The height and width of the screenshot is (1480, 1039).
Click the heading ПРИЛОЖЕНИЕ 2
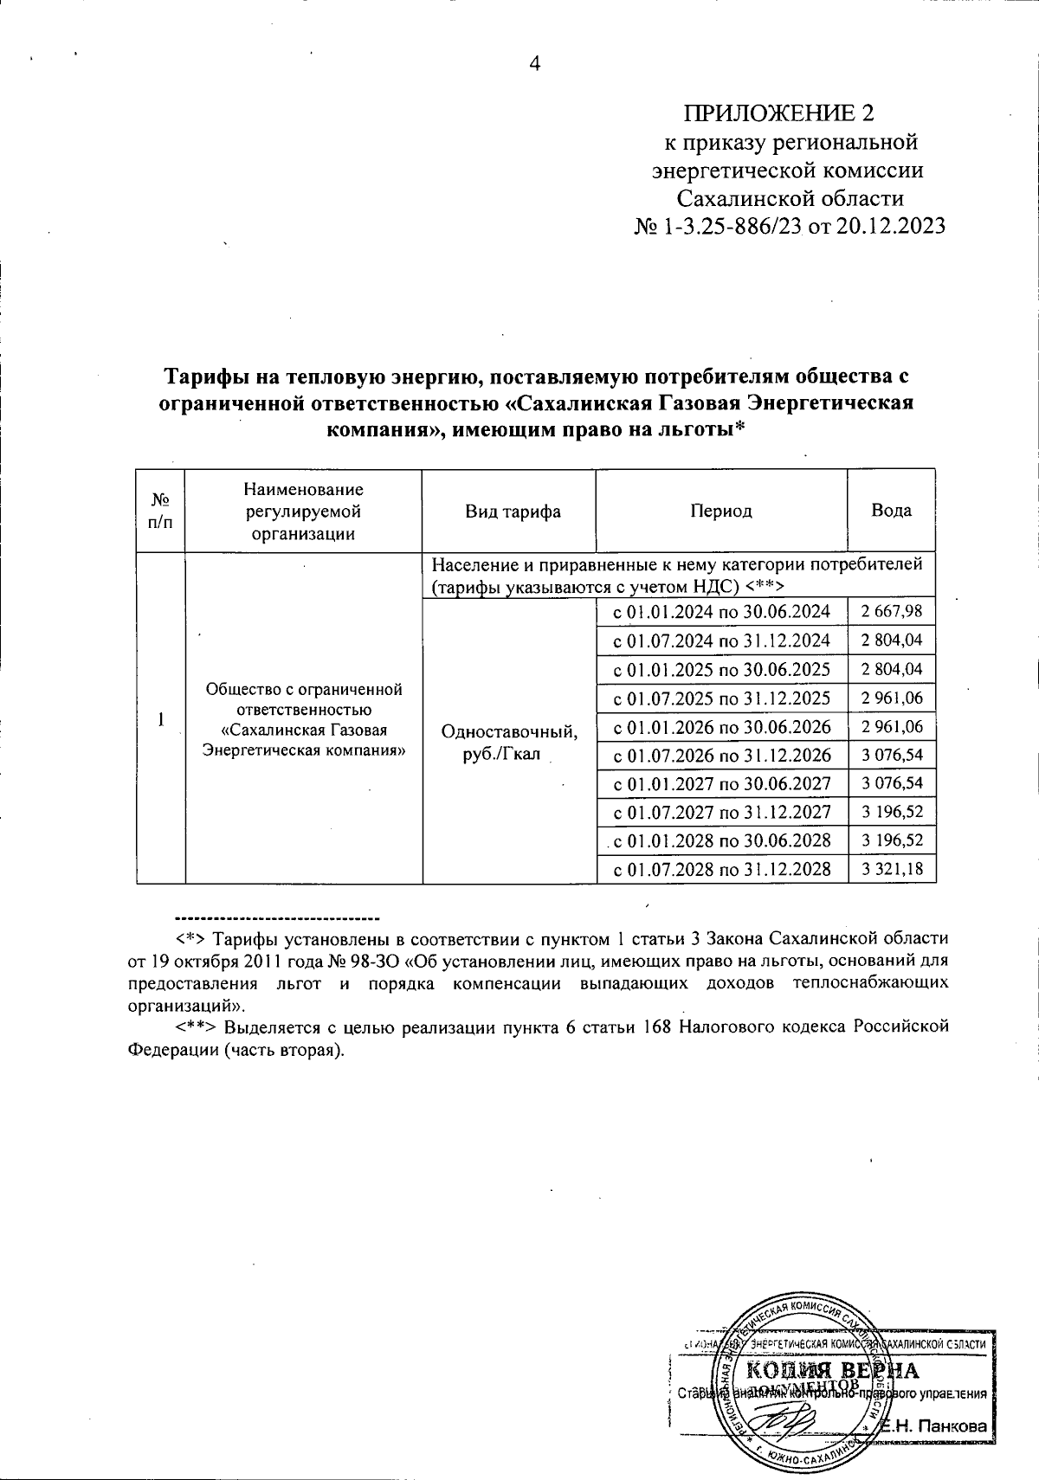pos(779,113)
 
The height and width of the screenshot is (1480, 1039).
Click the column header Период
pos(720,512)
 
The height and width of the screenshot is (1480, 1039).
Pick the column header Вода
pos(891,511)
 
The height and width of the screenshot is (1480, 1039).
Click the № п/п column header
pos(160,512)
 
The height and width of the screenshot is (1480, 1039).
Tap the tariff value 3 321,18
pos(891,869)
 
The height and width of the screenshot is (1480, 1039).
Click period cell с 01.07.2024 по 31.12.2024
pos(721,641)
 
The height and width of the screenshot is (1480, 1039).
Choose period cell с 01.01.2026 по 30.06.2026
pos(721,727)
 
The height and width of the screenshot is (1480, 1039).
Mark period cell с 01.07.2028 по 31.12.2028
pos(721,869)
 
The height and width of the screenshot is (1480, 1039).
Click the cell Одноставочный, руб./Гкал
pos(508,743)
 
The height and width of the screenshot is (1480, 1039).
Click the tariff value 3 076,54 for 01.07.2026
pos(891,755)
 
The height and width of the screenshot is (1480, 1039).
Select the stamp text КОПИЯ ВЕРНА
pos(831,1371)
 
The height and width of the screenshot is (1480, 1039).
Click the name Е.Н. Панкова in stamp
pos(934,1426)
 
